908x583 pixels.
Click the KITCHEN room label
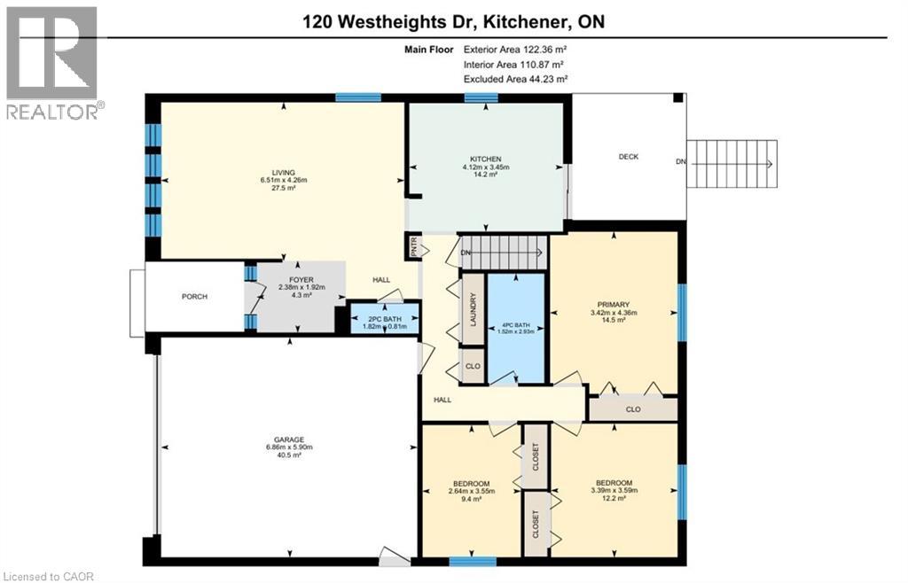click(x=485, y=159)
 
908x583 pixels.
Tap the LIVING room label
click(x=284, y=173)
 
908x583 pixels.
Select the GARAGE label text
click(x=289, y=439)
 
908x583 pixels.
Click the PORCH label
click(x=194, y=297)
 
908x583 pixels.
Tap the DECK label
click(x=628, y=157)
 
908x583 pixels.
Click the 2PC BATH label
click(x=382, y=317)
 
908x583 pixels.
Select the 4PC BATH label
click(x=517, y=323)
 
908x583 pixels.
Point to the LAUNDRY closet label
click(x=474, y=310)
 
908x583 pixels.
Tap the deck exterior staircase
click(x=733, y=163)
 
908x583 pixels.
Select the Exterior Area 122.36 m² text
click(x=513, y=50)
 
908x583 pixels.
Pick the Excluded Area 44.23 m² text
click(x=513, y=80)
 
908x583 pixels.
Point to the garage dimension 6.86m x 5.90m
click(x=289, y=448)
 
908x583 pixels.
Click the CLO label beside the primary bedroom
click(x=632, y=409)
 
